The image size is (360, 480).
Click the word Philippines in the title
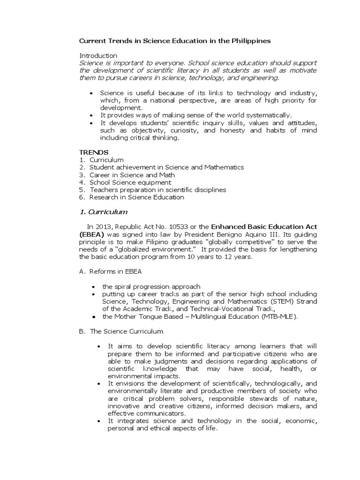click(x=250, y=41)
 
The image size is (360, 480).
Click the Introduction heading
click(x=98, y=56)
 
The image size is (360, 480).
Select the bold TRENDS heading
click(x=93, y=152)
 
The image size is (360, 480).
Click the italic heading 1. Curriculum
click(x=103, y=212)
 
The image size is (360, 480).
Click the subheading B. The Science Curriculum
click(x=121, y=331)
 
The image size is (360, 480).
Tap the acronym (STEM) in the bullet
click(x=265, y=301)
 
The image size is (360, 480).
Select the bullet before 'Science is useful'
click(x=90, y=93)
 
